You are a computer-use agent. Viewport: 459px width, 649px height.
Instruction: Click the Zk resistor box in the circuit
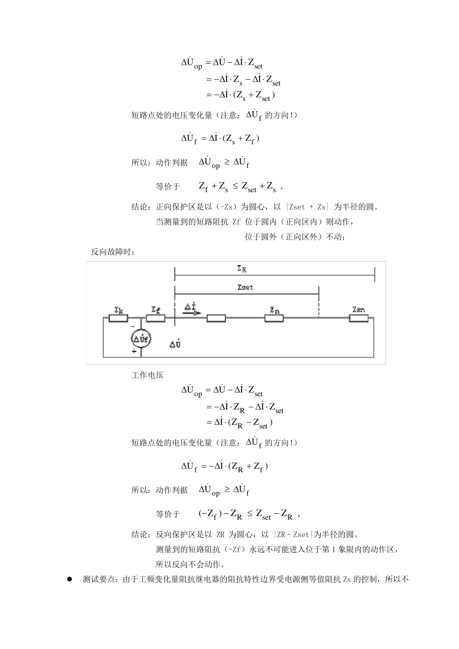point(118,318)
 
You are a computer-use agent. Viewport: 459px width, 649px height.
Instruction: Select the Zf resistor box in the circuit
point(155,318)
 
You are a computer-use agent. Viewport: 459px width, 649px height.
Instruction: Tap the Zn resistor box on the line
point(274,318)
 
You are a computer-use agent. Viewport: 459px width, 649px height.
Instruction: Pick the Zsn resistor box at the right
point(359,318)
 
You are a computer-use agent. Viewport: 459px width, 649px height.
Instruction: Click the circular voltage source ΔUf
point(141,339)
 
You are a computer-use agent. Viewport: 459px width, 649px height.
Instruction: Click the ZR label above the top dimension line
point(242,269)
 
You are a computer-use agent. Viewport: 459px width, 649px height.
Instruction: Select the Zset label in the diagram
point(245,287)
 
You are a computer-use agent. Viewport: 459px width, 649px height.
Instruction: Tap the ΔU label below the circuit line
point(175,344)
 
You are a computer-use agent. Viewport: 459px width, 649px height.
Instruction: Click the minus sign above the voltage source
point(134,327)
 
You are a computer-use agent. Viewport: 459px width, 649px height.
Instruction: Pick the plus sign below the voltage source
point(134,352)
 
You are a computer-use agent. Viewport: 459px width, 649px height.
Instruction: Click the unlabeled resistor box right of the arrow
point(216,318)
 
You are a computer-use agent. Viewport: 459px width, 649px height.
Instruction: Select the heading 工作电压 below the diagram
point(147,375)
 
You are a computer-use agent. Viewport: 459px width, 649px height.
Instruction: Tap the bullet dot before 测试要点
point(70,578)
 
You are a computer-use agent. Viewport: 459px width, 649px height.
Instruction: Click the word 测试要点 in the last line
point(99,579)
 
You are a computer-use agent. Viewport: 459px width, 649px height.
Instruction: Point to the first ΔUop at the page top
point(191,63)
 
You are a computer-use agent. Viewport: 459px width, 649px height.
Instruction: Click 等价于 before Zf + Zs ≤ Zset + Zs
point(168,186)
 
